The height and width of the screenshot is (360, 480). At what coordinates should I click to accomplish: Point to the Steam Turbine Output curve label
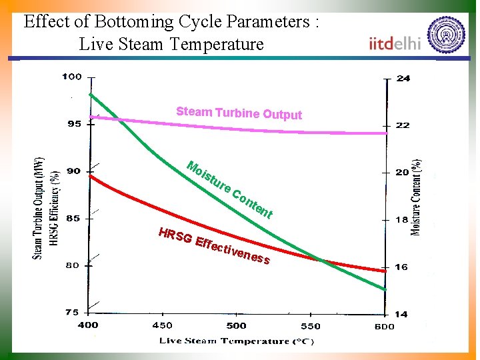239,113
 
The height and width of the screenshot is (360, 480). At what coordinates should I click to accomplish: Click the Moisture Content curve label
230,189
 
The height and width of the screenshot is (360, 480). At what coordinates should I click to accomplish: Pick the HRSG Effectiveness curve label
214,245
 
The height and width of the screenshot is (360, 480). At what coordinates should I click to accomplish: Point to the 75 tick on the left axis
72,312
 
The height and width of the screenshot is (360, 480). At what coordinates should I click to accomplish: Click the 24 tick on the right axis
403,78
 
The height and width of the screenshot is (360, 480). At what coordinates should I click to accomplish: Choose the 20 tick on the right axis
403,172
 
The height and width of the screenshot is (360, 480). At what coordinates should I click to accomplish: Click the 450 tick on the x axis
162,325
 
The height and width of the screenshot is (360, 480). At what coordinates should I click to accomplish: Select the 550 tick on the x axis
310,326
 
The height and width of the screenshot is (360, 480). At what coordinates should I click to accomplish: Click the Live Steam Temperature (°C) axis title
236,341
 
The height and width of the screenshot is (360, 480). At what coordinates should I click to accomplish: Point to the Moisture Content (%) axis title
416,197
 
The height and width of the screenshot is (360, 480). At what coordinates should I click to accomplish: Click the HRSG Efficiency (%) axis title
55,208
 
